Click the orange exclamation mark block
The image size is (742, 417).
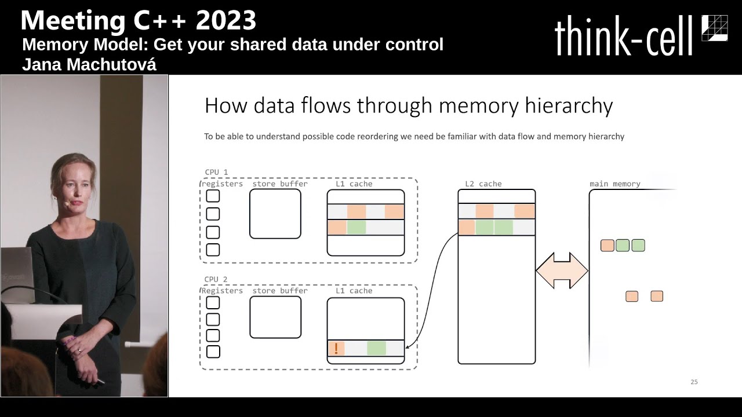tap(336, 348)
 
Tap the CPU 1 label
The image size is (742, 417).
tap(216, 172)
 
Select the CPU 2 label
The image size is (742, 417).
tap(216, 279)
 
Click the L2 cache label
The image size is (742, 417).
tap(483, 184)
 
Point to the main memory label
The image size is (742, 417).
tap(614, 184)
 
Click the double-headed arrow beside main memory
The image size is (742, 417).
tap(562, 270)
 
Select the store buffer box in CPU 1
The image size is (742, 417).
tap(275, 214)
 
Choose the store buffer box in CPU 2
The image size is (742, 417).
tap(275, 317)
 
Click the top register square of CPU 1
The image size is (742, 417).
tap(213, 196)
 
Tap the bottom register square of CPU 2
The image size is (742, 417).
tap(213, 352)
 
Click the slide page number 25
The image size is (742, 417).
tap(694, 382)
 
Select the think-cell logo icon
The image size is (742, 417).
tap(714, 28)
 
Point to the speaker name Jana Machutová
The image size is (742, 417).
tap(89, 65)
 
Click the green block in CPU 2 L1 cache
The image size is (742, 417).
tap(376, 348)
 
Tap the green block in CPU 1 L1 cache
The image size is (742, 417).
tap(357, 228)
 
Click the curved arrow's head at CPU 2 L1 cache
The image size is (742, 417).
tap(408, 348)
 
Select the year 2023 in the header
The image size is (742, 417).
tap(225, 20)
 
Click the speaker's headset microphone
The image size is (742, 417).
tap(67, 204)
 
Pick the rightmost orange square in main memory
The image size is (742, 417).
tap(656, 297)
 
